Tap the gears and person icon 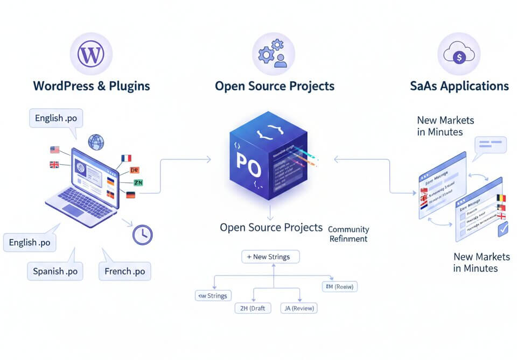click(273, 54)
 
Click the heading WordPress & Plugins click(92, 86)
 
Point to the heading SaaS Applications click(459, 86)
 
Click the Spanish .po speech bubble click(55, 271)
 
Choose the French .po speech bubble click(124, 271)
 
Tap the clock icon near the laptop click(142, 234)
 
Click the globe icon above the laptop click(96, 142)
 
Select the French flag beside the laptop click(126, 158)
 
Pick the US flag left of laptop click(54, 150)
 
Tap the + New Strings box click(270, 257)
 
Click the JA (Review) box click(299, 308)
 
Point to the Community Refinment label click(348, 234)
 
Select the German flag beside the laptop click(130, 195)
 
